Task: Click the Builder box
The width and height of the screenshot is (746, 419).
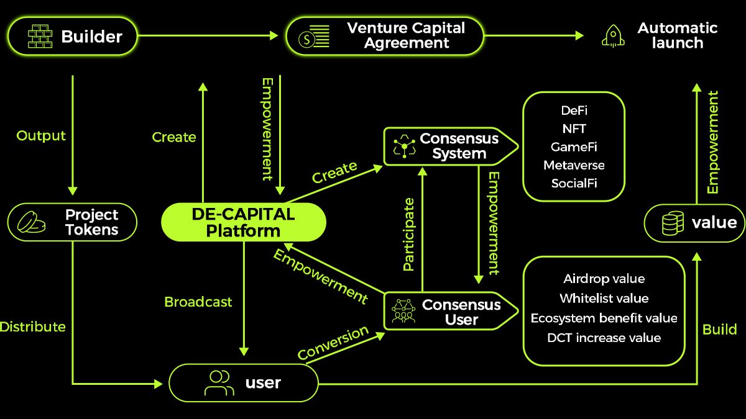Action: (72, 37)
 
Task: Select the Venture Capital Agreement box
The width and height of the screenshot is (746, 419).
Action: (384, 35)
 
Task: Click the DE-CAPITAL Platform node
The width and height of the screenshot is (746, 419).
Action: (243, 223)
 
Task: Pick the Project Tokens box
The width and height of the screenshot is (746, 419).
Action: (72, 223)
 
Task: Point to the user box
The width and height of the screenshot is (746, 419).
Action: (244, 382)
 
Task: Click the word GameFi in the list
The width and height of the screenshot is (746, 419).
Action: (573, 147)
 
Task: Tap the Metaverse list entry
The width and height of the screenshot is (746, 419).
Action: (573, 165)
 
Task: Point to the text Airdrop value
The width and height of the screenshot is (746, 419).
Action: (604, 279)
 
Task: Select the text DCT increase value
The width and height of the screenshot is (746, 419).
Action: (604, 338)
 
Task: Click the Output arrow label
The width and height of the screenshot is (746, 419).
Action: (41, 136)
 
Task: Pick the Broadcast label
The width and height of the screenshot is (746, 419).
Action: (198, 302)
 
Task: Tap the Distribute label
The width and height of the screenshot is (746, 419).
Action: (32, 327)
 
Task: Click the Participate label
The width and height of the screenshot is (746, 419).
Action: (408, 234)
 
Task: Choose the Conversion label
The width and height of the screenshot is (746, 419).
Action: (333, 343)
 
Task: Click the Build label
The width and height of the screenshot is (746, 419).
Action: (719, 329)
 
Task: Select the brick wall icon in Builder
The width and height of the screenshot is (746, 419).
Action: (42, 37)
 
